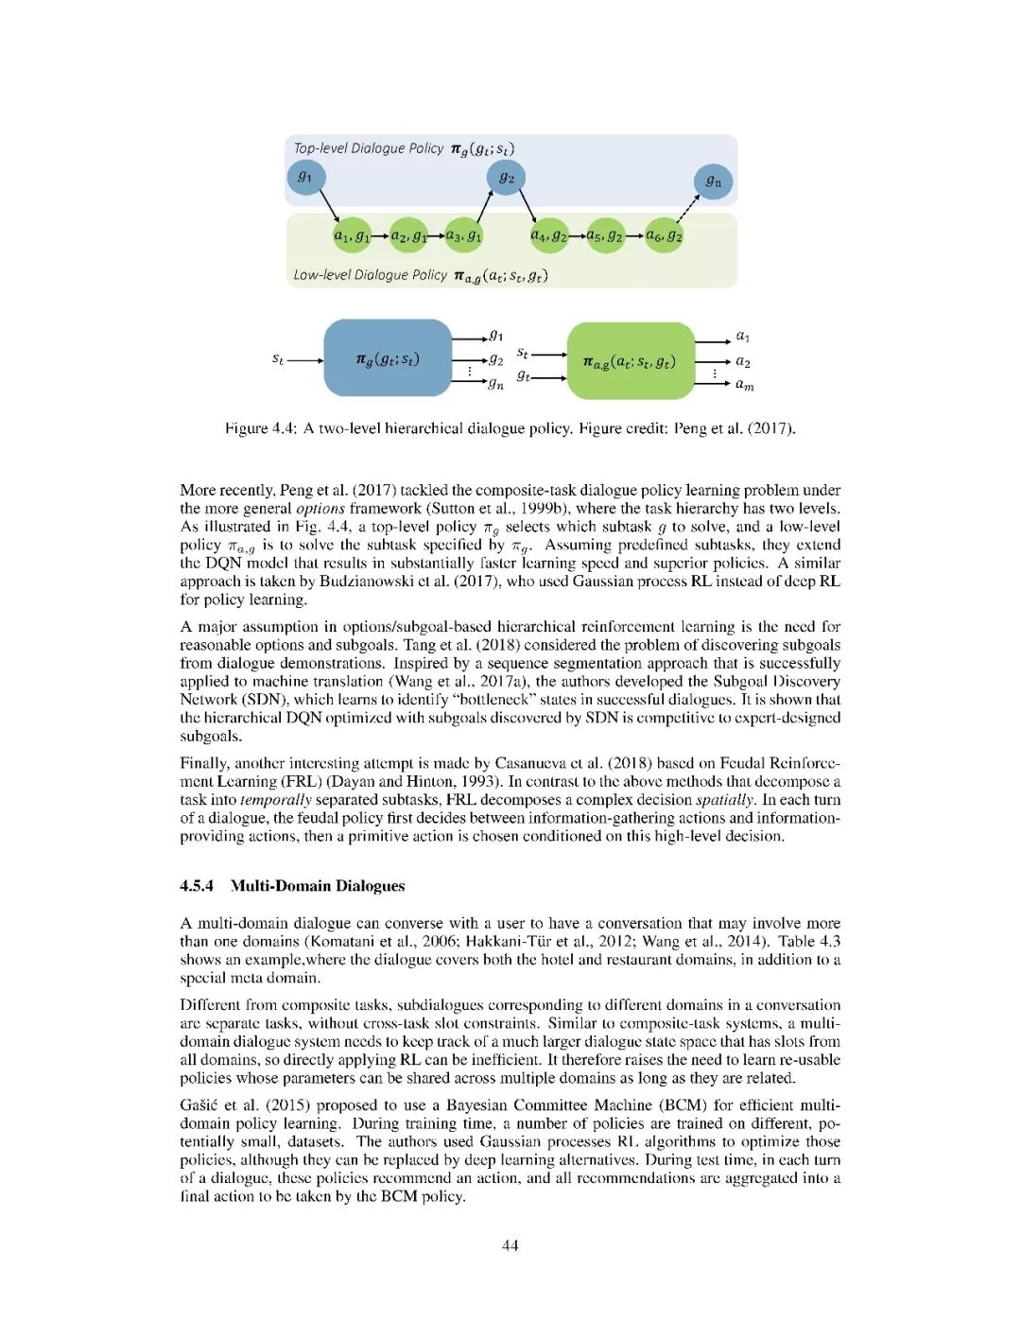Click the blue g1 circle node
(305, 177)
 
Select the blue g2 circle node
(507, 178)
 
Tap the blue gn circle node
(713, 182)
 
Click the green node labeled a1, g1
(352, 235)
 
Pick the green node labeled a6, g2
(664, 235)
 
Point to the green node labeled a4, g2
(548, 235)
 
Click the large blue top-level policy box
(388, 358)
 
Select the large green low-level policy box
(630, 361)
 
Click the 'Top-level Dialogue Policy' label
(368, 148)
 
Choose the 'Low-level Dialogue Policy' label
(370, 275)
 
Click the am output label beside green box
(745, 385)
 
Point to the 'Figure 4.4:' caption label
(260, 428)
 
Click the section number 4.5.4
(197, 886)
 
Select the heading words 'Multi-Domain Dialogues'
(318, 886)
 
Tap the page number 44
(510, 1245)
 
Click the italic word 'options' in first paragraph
(320, 509)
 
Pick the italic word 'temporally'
(276, 800)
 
